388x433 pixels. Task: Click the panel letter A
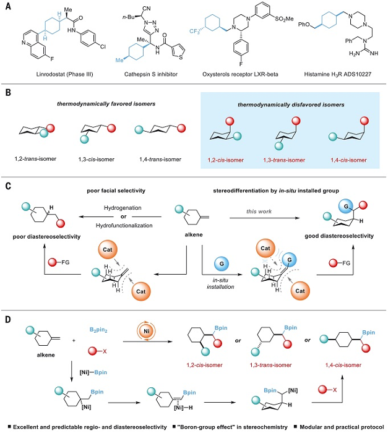(8, 6)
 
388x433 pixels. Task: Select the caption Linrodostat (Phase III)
(64, 74)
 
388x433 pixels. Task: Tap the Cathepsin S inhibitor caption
(151, 74)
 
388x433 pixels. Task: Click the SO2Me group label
(284, 19)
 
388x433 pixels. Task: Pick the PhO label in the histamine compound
(304, 25)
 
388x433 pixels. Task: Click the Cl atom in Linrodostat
(103, 46)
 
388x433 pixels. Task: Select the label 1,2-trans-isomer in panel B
(35, 159)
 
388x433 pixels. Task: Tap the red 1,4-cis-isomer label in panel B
(348, 160)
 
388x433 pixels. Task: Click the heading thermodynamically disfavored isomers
(291, 105)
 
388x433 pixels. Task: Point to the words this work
(259, 212)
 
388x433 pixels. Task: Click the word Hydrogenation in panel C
(123, 208)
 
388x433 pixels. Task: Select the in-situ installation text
(220, 283)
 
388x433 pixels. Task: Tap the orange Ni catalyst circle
(146, 330)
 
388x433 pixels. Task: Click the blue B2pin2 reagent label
(98, 330)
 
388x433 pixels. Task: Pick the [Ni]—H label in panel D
(183, 408)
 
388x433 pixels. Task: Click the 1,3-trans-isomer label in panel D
(270, 365)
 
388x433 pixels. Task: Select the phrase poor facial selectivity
(116, 191)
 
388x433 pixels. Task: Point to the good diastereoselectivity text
(339, 236)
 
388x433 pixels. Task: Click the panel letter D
(8, 320)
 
